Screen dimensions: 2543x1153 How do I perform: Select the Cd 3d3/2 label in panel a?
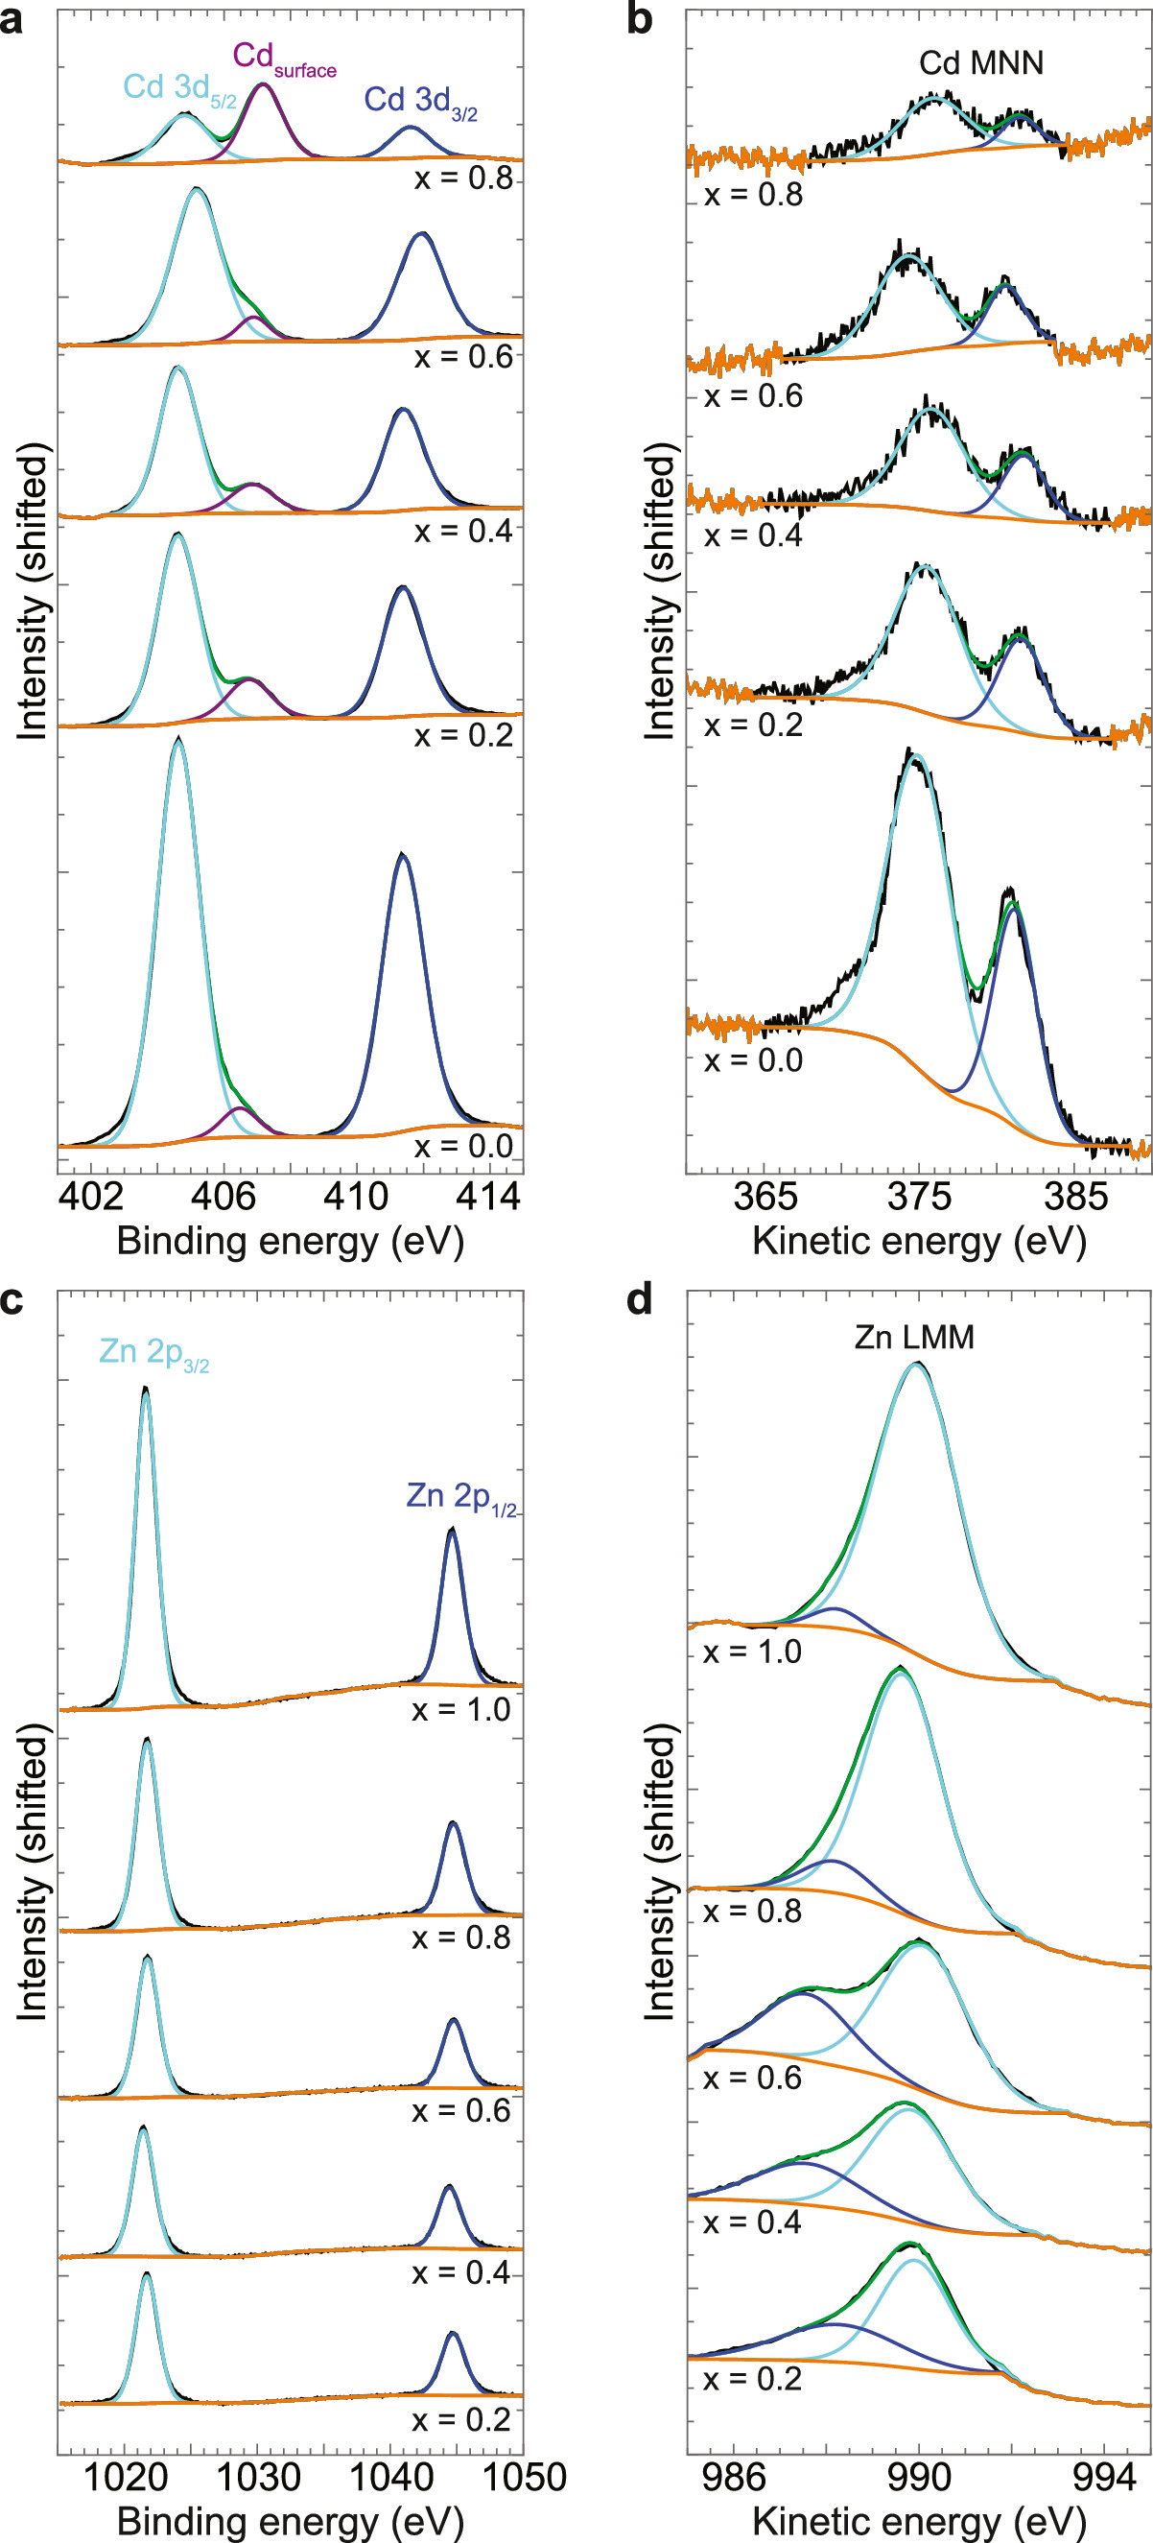click(x=420, y=101)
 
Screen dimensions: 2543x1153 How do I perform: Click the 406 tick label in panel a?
click(x=224, y=1197)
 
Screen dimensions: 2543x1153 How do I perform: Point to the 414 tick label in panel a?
click(x=487, y=1197)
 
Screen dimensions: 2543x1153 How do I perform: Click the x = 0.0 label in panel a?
click(x=463, y=1146)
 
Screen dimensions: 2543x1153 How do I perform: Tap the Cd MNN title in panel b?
click(x=980, y=63)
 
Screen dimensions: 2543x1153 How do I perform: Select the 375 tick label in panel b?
click(x=919, y=1197)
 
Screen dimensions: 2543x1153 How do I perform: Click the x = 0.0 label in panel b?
click(x=753, y=1060)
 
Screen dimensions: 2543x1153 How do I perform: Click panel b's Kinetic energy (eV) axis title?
click(x=919, y=1241)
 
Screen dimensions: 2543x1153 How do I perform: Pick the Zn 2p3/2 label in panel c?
click(x=154, y=1351)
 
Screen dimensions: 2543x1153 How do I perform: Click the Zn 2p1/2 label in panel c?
click(x=461, y=1497)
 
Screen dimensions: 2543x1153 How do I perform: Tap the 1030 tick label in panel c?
click(x=258, y=2477)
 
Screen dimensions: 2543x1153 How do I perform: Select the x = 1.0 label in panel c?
click(x=461, y=1709)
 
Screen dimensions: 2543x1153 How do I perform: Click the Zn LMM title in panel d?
click(x=914, y=1337)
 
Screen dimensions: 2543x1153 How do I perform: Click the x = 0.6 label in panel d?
click(x=751, y=2078)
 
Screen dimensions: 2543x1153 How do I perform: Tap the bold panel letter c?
click(x=12, y=1300)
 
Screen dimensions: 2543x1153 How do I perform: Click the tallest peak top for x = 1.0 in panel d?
click(x=917, y=1364)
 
